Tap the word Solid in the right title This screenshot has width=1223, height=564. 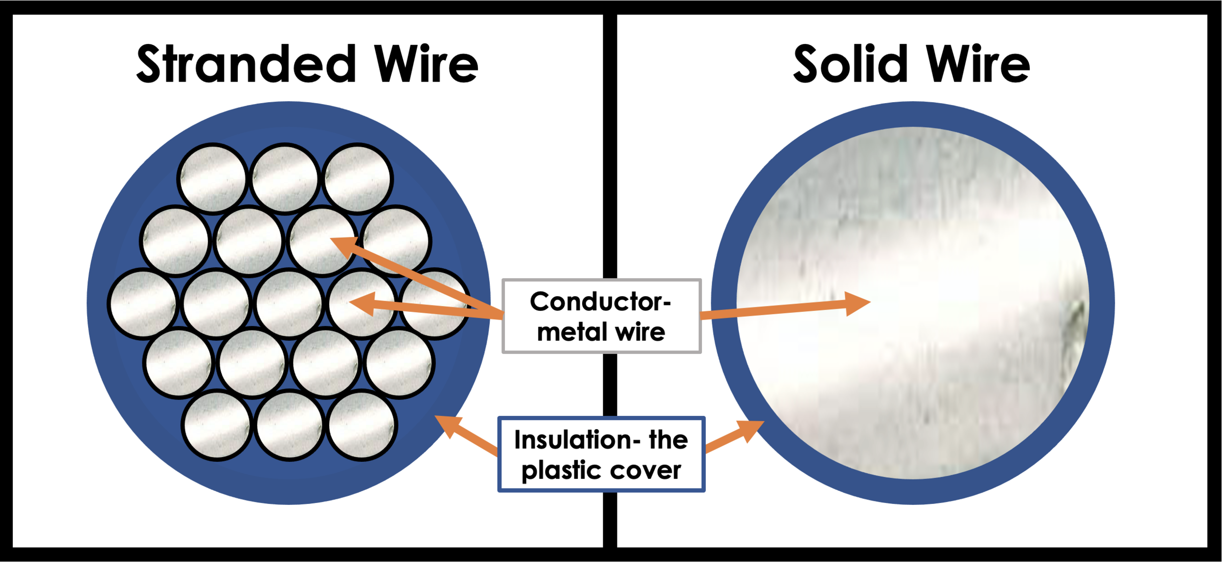tap(850, 64)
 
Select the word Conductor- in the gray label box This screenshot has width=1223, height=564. tap(600, 302)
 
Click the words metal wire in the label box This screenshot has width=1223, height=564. tap(601, 332)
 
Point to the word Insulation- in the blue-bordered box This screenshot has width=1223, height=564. tap(577, 439)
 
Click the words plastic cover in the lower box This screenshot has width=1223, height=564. tap(601, 470)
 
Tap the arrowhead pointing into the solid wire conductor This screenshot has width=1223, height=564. tap(857, 304)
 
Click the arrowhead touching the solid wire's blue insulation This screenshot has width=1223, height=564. tap(749, 430)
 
